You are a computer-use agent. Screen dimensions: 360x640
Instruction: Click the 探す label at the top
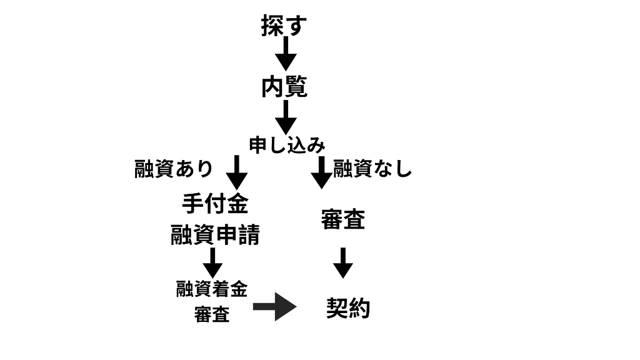[x=284, y=26]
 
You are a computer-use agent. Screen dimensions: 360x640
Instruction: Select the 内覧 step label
[x=284, y=87]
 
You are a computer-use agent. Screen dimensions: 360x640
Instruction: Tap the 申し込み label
[x=287, y=146]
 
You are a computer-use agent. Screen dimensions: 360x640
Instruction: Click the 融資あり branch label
[x=174, y=169]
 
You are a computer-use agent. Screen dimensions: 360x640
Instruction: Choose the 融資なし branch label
[x=372, y=169]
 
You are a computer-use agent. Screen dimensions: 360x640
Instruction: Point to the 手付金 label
[x=215, y=204]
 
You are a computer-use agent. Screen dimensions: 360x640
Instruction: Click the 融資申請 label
[x=215, y=235]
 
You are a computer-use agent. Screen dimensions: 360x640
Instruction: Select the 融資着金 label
[x=212, y=289]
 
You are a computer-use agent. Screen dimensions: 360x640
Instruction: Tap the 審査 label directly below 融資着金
[x=212, y=315]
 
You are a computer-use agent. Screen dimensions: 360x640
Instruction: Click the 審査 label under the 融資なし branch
[x=342, y=219]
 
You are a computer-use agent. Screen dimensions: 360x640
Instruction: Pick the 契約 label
[x=348, y=308]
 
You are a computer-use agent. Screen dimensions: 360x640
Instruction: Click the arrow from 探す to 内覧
[x=286, y=54]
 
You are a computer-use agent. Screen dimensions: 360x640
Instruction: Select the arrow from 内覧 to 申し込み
[x=286, y=117]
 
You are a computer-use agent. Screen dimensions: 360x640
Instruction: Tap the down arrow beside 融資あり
[x=237, y=172]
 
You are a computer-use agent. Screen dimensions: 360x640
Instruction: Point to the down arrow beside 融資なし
[x=321, y=172]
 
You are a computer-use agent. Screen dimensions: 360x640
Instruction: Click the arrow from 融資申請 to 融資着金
[x=212, y=262]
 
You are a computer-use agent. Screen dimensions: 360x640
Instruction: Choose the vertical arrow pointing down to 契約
[x=342, y=262]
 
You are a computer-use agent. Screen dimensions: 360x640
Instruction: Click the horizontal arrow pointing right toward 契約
[x=274, y=307]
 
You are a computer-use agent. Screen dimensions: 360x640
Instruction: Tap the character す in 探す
[x=296, y=27]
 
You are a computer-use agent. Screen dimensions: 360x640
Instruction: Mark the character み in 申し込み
[x=316, y=146]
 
